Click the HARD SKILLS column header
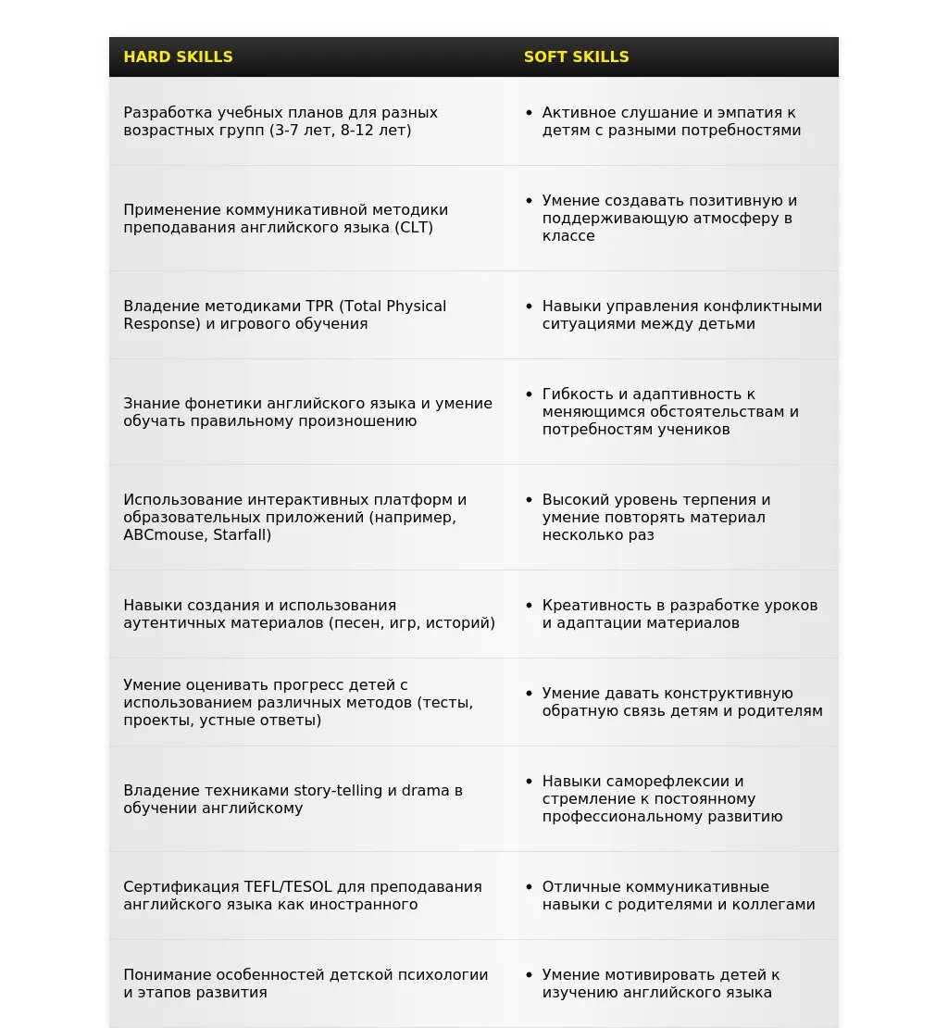tap(178, 56)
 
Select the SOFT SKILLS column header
tap(576, 56)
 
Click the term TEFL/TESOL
tap(288, 886)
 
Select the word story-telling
tap(338, 790)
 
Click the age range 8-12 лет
tap(374, 130)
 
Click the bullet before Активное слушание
tap(529, 112)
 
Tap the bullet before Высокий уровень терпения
tap(529, 499)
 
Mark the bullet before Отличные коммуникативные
tap(529, 886)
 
